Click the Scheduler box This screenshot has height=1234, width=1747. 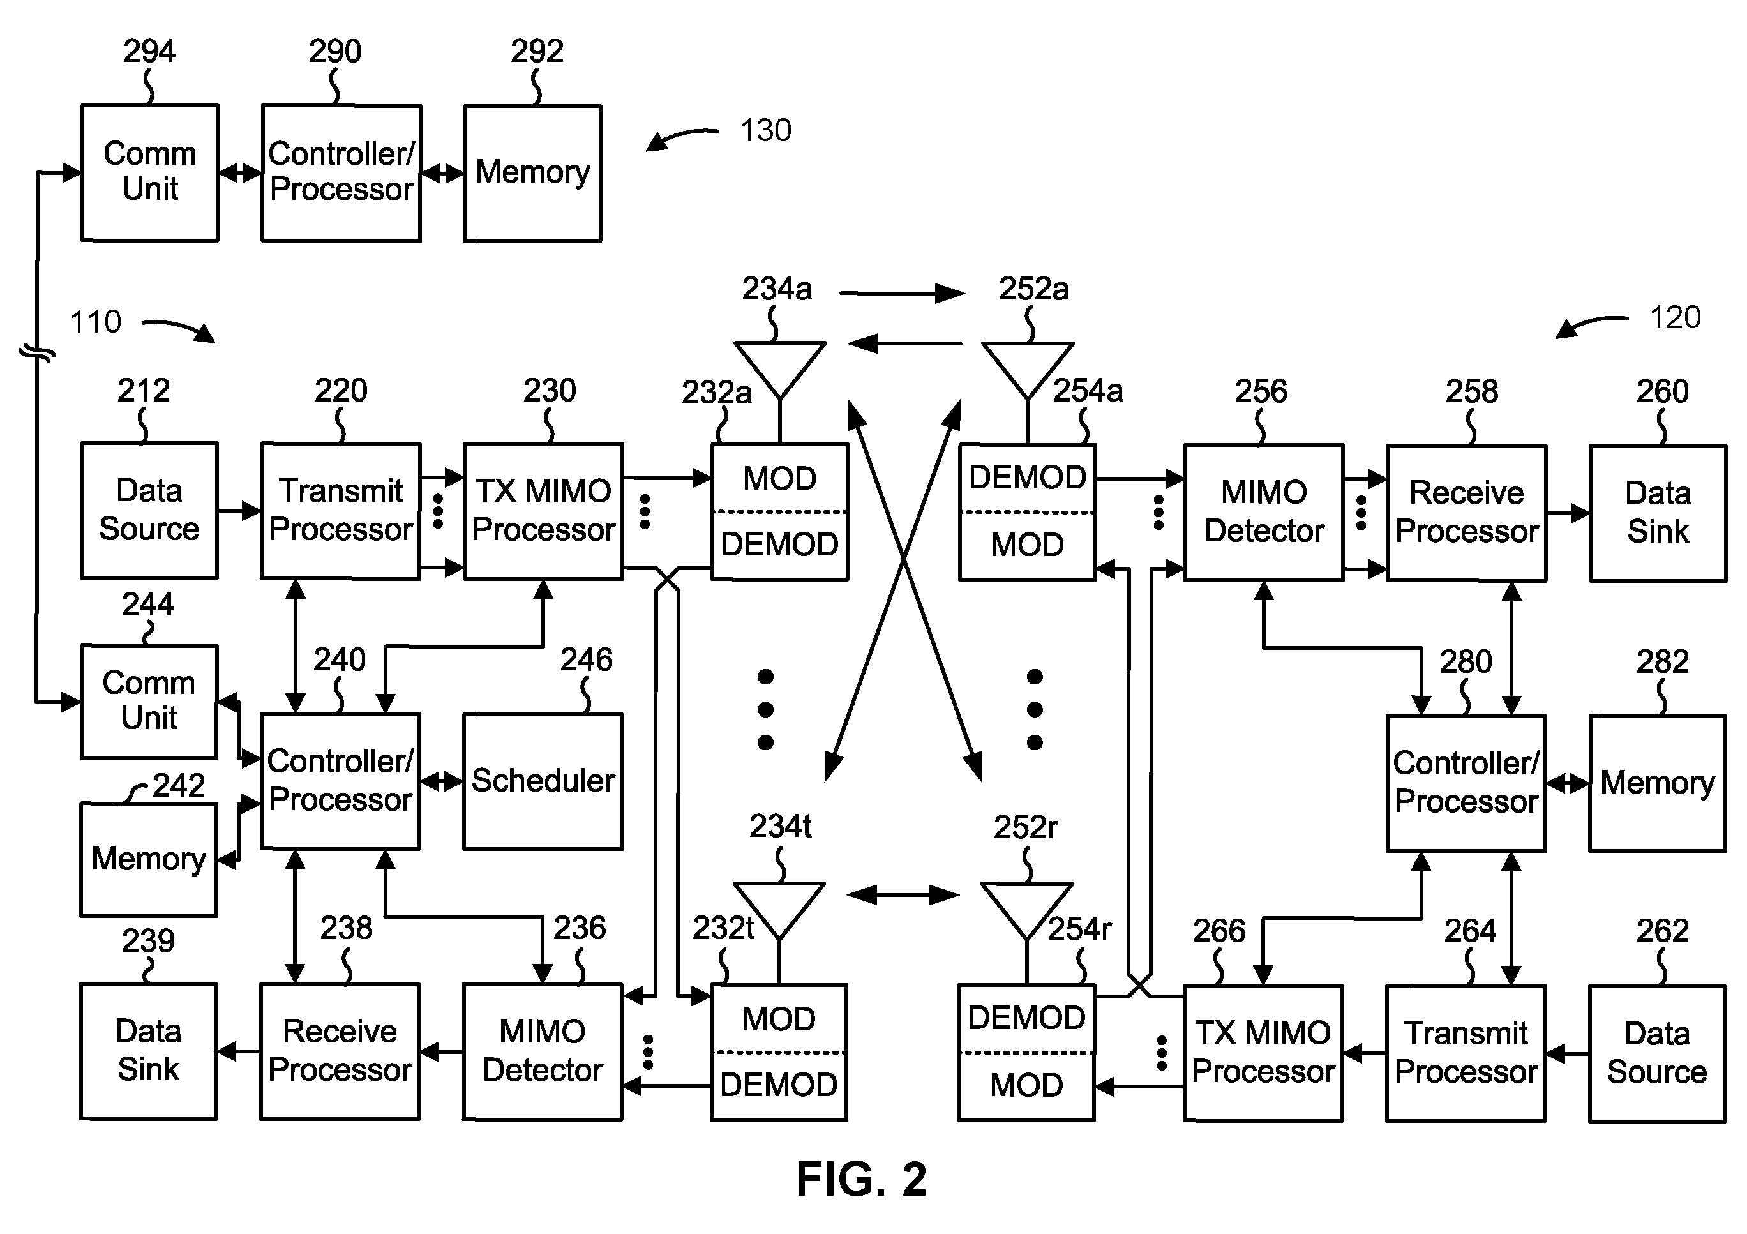coord(543,781)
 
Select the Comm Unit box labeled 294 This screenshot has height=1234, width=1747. coord(150,174)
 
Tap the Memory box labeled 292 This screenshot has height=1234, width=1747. coord(532,174)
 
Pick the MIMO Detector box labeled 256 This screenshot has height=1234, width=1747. coord(1264,513)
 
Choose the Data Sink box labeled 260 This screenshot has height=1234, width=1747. coord(1658,513)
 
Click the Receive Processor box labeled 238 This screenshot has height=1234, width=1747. coord(340,1051)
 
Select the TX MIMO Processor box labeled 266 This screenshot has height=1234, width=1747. coord(1263,1053)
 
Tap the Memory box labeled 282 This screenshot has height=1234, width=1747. coord(1657,783)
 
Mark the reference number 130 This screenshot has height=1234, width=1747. coord(765,131)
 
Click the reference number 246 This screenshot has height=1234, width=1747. coord(586,659)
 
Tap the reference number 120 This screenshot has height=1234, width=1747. coord(1675,317)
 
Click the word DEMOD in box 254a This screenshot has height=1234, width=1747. coord(1027,477)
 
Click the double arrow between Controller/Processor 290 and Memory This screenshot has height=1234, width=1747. coord(442,174)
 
